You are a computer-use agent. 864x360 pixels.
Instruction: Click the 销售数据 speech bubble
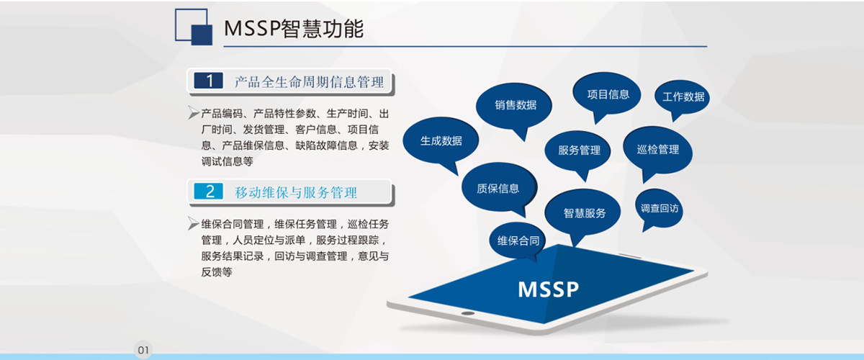[x=514, y=105]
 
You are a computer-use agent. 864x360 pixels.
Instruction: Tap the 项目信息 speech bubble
[x=607, y=94]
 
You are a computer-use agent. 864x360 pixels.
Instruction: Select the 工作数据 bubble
[x=683, y=96]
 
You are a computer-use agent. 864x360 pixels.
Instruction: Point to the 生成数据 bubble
[x=441, y=140]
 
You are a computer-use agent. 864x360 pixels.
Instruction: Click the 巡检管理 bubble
[x=657, y=150]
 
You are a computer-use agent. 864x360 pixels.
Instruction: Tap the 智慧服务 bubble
[x=582, y=212]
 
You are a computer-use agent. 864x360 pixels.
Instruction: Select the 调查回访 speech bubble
[x=660, y=209]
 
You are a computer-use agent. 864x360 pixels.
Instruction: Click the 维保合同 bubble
[x=518, y=240]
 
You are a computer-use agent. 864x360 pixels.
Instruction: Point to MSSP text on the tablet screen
[x=548, y=289]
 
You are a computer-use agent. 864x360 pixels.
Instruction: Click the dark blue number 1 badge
[x=208, y=81]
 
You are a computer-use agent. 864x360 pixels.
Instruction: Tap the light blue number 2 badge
[x=208, y=191]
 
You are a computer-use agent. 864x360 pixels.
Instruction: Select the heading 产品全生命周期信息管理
[x=309, y=82]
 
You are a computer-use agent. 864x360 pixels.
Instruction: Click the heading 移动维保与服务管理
[x=296, y=192]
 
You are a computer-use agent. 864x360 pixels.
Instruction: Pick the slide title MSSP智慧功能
[x=294, y=28]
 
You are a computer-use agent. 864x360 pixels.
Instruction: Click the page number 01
[x=143, y=350]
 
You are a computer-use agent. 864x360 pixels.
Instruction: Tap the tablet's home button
[x=467, y=313]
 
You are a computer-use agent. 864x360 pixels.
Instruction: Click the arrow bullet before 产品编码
[x=193, y=112]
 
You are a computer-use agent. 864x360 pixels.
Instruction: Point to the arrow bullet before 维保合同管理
[x=193, y=223]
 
